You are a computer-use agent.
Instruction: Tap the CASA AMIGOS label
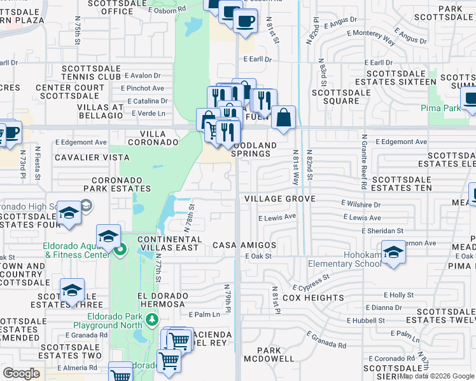[x=244, y=245]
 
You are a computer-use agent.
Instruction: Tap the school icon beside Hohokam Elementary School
[x=394, y=252]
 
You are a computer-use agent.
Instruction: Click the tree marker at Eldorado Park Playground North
[x=151, y=319]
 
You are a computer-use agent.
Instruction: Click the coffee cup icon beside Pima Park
[x=470, y=100]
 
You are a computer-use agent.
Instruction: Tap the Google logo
[x=22, y=373]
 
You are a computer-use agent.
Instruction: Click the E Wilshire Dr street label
[x=360, y=204]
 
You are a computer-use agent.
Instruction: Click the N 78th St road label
[x=189, y=217]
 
